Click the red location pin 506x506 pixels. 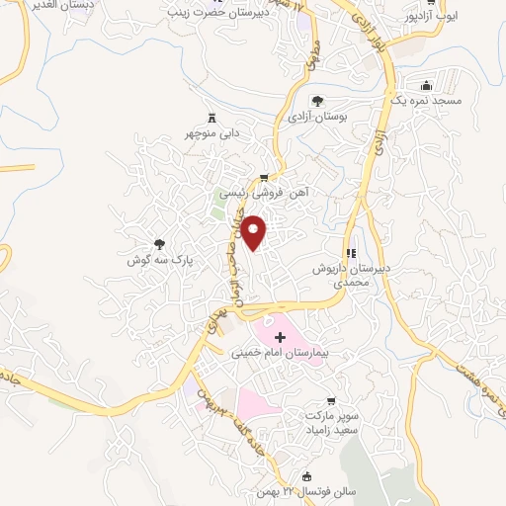255,232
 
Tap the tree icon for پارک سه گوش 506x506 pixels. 159,243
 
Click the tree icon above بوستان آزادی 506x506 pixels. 317,100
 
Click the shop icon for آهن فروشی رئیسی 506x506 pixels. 263,178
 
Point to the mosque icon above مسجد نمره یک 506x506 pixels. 425,85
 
